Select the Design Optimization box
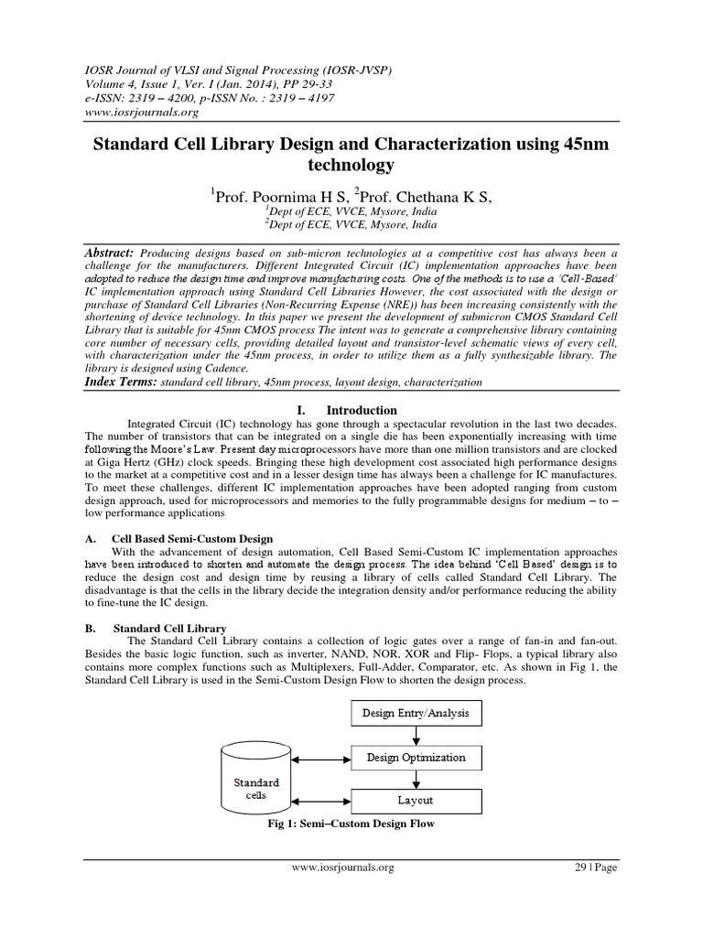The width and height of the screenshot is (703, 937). (x=416, y=758)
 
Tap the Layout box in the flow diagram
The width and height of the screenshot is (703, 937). (x=416, y=801)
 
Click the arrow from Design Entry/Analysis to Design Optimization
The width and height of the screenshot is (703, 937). (x=416, y=736)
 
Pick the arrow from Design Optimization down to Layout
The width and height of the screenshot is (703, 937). (x=416, y=779)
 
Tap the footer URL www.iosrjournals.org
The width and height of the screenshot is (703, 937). (x=343, y=868)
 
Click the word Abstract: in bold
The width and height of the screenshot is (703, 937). (x=109, y=252)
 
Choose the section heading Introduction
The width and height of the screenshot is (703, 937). (x=362, y=411)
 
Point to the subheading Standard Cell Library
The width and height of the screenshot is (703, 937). (x=169, y=629)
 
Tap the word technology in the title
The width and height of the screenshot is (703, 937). (x=351, y=165)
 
